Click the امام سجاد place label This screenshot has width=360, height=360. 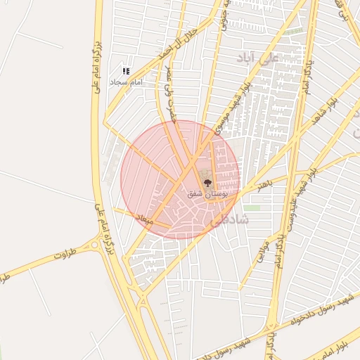[x=126, y=82]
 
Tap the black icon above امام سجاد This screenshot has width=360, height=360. [x=126, y=71]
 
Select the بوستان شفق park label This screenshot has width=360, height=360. [x=206, y=193]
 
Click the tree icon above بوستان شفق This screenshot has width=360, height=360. [x=207, y=182]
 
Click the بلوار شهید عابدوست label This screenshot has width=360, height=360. [x=307, y=188]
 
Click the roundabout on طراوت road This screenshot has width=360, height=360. [x=95, y=246]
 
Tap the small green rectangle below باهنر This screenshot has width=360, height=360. [x=252, y=208]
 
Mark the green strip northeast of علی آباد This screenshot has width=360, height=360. [x=295, y=32]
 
